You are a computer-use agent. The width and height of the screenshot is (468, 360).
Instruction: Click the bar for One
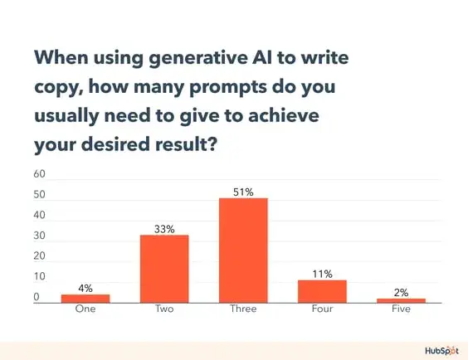(85, 298)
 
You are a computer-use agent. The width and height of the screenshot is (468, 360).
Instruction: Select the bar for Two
(164, 269)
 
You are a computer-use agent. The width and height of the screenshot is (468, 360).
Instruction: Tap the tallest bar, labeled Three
(243, 251)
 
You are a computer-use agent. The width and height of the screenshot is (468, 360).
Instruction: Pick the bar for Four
(323, 291)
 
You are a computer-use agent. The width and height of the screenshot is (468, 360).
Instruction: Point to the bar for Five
(402, 300)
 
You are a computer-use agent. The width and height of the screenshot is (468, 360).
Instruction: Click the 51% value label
(243, 192)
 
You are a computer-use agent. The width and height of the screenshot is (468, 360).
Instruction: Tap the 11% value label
(323, 273)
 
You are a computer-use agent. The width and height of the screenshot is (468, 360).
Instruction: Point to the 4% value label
(85, 288)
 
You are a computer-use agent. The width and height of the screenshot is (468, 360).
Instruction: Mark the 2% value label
(402, 292)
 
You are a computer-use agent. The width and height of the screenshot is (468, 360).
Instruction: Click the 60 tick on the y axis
(39, 175)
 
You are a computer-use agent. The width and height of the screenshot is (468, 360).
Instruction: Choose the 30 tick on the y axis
(39, 236)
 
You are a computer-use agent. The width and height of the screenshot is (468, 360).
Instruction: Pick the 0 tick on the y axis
(37, 297)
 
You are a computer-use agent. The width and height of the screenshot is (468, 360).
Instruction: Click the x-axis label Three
(243, 310)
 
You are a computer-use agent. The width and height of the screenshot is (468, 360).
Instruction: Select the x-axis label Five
(402, 310)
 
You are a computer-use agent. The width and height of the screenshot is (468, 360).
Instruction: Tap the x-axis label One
(85, 310)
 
